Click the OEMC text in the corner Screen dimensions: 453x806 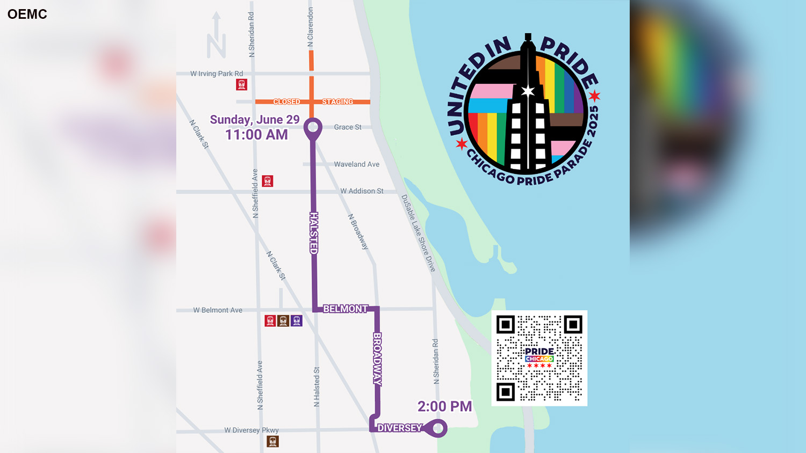[x=27, y=14]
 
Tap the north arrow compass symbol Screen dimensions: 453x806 [x=216, y=36]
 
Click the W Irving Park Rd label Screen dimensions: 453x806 [x=217, y=74]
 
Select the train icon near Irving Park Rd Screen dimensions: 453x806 [x=242, y=84]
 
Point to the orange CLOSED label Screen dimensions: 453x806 [x=286, y=101]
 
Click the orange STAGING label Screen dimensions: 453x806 [x=337, y=101]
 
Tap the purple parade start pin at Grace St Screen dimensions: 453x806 [x=313, y=128]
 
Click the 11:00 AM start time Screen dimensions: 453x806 [x=256, y=135]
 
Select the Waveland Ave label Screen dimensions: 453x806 [x=356, y=164]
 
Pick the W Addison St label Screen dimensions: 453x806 [x=362, y=191]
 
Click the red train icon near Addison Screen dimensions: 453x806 [x=268, y=181]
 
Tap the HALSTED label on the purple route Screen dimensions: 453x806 [x=314, y=233]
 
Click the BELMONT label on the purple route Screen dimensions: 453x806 [x=345, y=309]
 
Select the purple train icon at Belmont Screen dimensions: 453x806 [x=297, y=321]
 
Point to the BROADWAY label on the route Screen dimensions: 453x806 [x=377, y=359]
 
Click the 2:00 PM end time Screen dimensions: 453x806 [x=444, y=406]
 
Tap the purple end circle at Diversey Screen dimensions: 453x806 [x=438, y=428]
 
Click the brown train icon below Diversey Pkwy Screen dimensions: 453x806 [x=273, y=441]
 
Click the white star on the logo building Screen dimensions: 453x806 [x=528, y=90]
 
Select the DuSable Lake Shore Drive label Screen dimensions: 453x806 [x=418, y=233]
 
